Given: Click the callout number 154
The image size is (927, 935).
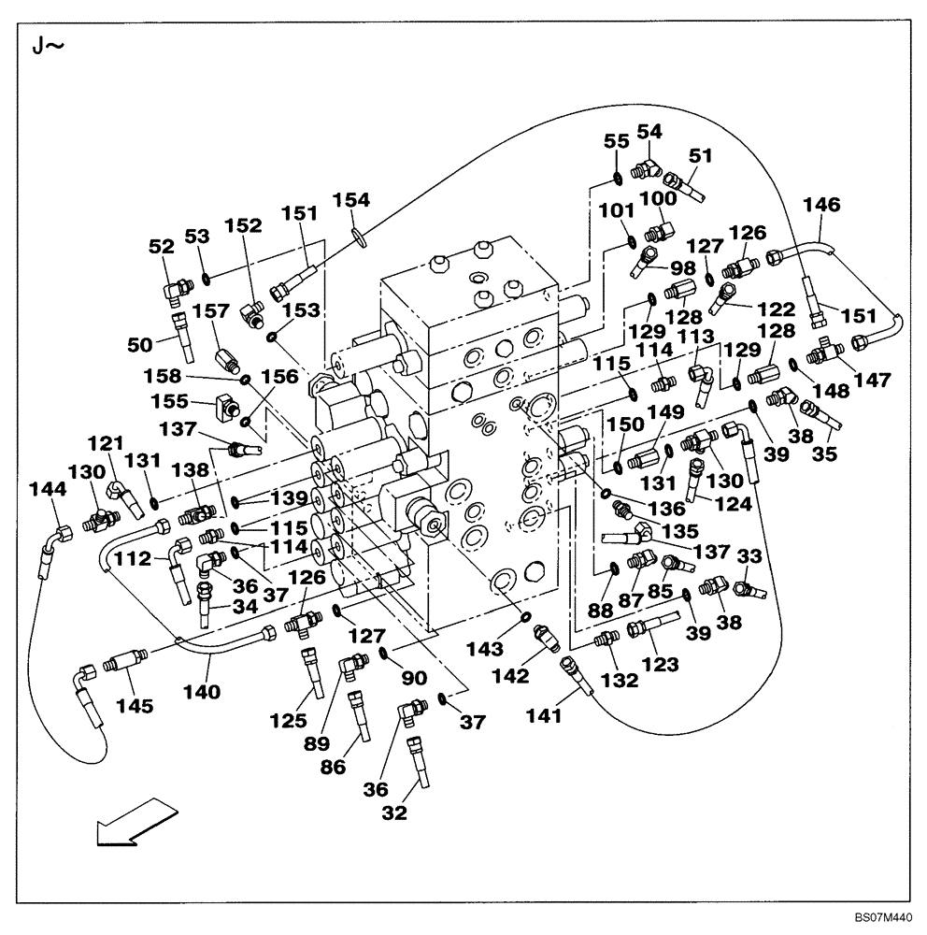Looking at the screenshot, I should click(x=351, y=199).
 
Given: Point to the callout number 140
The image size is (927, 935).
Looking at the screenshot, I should click(x=203, y=693).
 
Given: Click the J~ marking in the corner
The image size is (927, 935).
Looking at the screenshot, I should click(x=48, y=45).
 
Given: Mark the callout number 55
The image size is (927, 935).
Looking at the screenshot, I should click(x=616, y=142).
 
